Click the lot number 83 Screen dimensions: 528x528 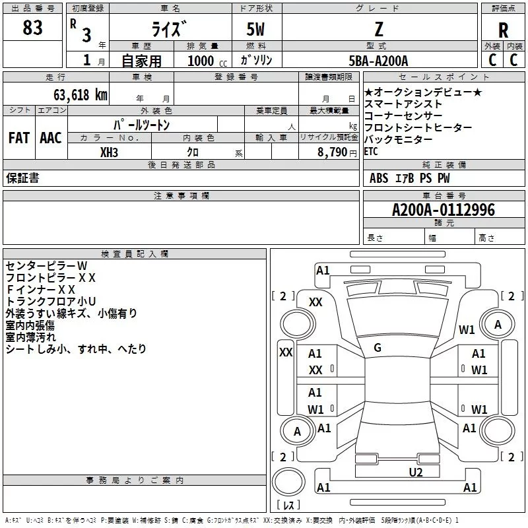tap(32, 28)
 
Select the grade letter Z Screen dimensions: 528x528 tap(379, 30)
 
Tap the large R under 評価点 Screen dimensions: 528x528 tap(503, 30)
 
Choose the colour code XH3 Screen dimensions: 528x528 tap(110, 151)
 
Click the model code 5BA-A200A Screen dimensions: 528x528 tap(378, 61)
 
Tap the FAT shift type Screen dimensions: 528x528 tap(18, 138)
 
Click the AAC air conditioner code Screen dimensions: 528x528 tap(50, 138)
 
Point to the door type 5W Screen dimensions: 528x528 tap(256, 30)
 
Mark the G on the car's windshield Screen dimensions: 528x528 tap(378, 348)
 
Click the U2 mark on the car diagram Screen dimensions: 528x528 tap(415, 471)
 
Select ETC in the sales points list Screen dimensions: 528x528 tap(371, 151)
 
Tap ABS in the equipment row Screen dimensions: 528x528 tap(379, 178)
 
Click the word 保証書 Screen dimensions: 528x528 tap(22, 178)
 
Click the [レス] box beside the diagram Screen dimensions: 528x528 tap(288, 506)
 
